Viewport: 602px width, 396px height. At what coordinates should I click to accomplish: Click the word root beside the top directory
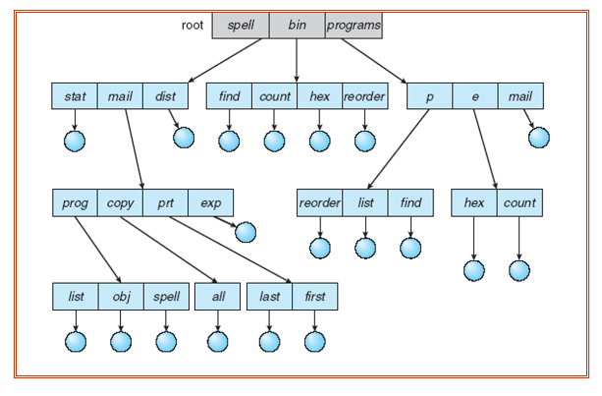coord(192,25)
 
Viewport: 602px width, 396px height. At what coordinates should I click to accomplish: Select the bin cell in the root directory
coord(297,25)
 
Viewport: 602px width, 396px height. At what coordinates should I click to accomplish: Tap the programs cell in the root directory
coord(354,25)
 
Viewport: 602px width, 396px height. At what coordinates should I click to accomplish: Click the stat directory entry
coord(75,96)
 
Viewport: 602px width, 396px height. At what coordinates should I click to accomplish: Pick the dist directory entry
coord(165,96)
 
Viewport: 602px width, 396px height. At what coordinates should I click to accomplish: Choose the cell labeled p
coord(429,96)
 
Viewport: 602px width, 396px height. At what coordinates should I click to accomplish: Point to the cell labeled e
coord(474,96)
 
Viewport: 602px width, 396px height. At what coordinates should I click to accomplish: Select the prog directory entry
coord(75,203)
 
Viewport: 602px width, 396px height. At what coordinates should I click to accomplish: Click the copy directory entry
coord(121,203)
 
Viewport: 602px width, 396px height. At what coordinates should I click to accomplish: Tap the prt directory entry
coord(165,203)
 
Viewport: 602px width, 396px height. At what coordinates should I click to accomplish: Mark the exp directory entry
coord(210,203)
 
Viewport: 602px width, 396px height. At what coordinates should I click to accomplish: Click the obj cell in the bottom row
coord(121,296)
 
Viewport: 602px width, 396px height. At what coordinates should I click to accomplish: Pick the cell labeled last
coord(269,296)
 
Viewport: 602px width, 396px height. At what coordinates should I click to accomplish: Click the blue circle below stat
coord(75,141)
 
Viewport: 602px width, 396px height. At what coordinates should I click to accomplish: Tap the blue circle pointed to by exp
coord(245,232)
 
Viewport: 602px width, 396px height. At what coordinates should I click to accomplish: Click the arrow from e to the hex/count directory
coord(485,147)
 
